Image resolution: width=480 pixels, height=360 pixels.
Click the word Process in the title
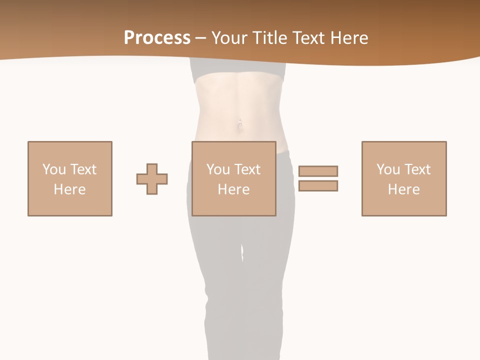157,38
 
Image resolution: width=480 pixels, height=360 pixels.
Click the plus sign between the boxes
152,179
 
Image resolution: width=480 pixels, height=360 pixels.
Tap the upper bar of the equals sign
318,171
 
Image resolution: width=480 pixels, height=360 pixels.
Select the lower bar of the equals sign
318,185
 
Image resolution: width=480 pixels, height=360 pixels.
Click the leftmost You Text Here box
69,178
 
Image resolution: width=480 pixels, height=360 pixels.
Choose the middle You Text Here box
233,178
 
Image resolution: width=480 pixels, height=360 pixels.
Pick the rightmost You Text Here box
403,178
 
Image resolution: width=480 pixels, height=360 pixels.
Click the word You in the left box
54,169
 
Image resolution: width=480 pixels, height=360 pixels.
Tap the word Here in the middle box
233,189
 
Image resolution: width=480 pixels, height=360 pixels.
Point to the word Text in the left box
83,169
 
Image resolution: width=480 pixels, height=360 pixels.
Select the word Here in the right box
403,189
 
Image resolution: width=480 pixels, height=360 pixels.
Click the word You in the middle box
218,169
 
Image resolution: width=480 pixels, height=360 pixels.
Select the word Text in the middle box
247,169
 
